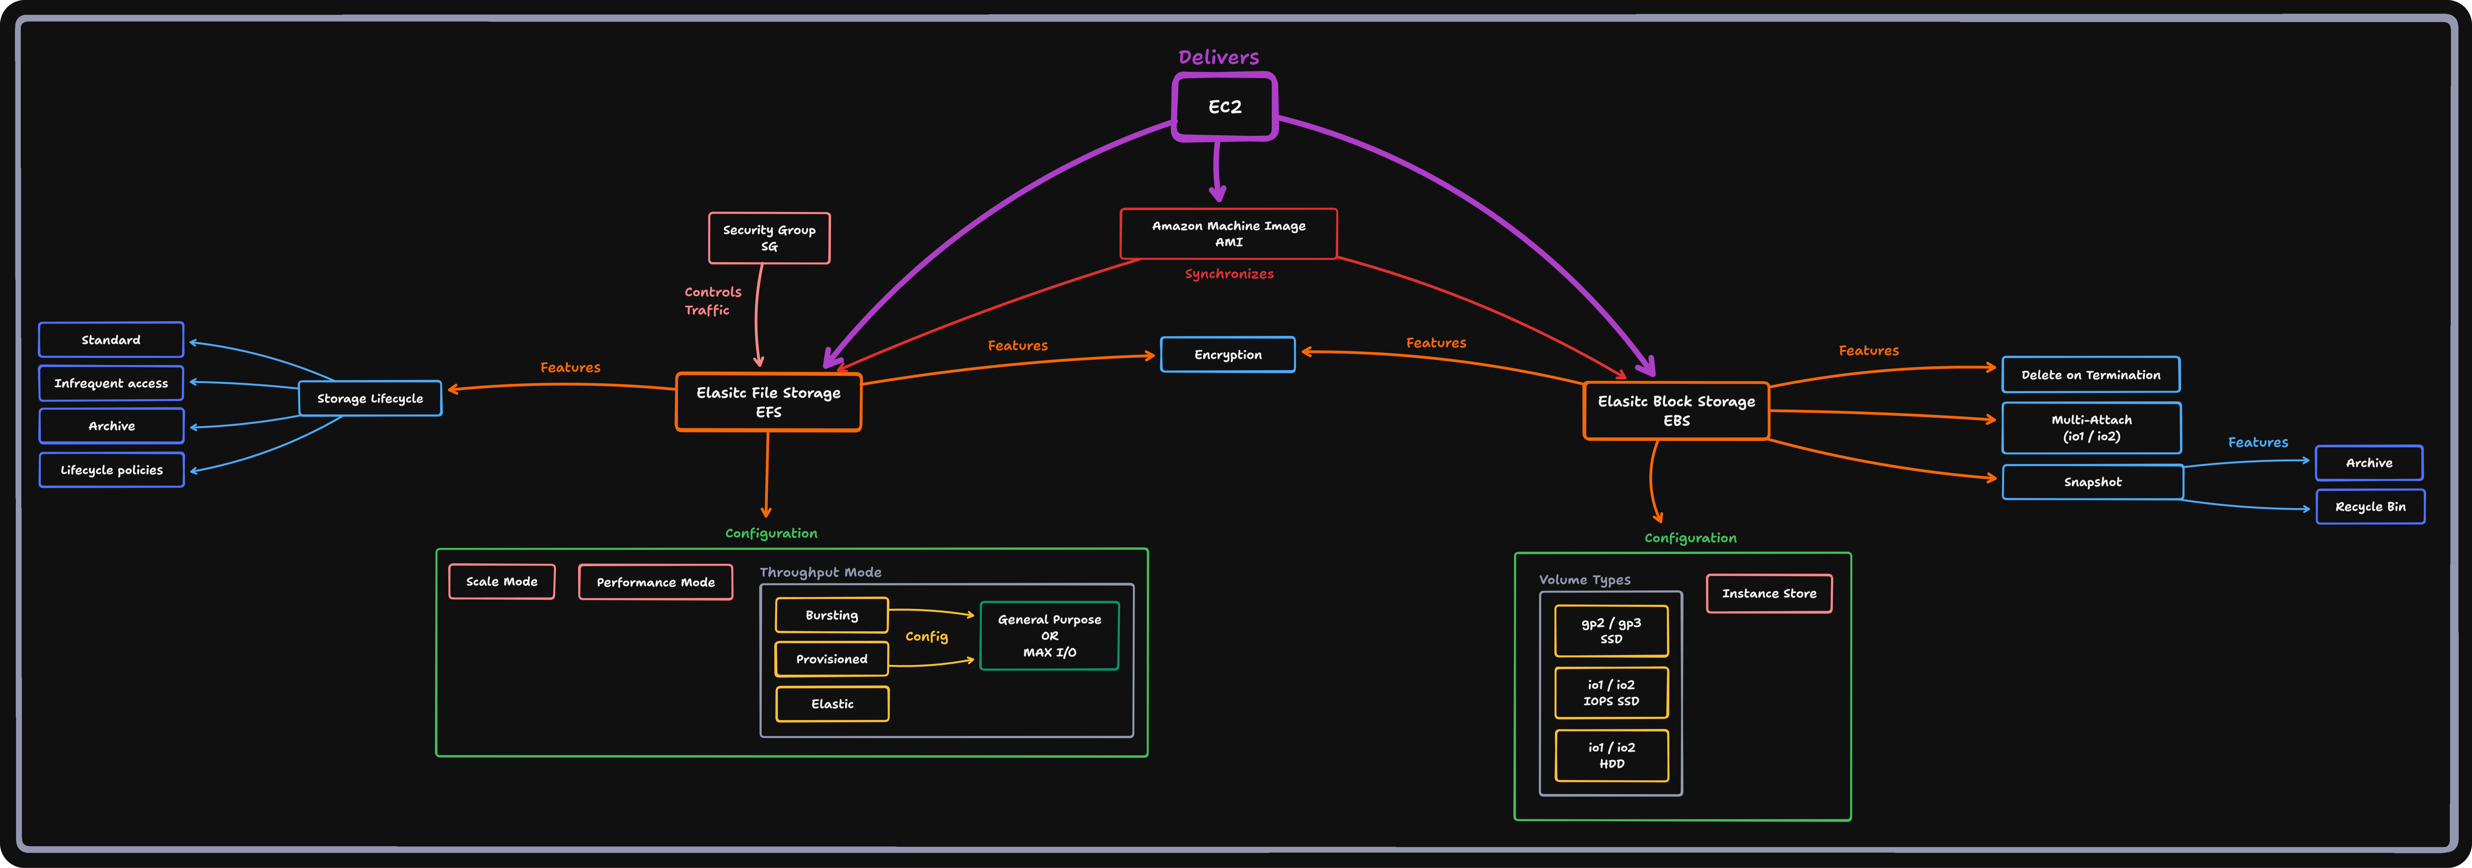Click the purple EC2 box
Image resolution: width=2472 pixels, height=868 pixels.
[1224, 106]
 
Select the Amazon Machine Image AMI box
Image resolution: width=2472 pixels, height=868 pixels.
[1228, 233]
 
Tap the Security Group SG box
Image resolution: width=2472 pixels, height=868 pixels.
[769, 238]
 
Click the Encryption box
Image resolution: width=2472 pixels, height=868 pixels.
[1227, 354]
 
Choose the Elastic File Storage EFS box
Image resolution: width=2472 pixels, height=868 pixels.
[769, 402]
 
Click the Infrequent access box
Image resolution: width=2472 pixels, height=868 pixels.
[111, 383]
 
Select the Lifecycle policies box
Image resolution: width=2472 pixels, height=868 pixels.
[111, 470]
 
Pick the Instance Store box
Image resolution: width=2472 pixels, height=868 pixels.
[1769, 593]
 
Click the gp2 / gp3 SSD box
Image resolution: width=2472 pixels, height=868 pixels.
[1611, 631]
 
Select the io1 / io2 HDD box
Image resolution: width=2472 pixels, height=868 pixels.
[1611, 756]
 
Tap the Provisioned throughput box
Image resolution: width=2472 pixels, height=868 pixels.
[831, 659]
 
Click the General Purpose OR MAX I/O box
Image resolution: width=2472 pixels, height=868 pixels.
[1049, 636]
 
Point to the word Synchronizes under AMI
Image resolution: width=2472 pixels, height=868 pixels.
[1228, 274]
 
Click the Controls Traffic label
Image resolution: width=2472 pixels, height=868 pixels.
[712, 301]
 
